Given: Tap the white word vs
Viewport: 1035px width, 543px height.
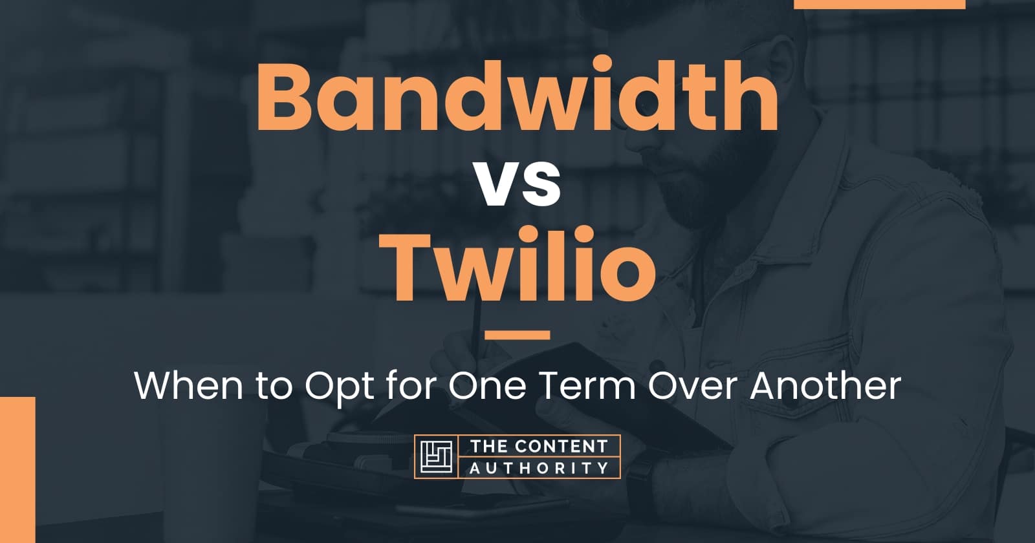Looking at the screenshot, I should click(517, 185).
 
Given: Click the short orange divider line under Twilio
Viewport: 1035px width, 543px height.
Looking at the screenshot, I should click(517, 335).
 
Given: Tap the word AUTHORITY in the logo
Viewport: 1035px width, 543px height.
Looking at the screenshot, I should click(539, 467).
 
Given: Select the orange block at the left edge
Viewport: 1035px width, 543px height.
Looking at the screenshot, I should click(17, 469).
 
